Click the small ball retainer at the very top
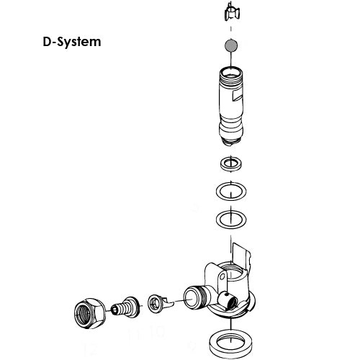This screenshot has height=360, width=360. click(231, 12)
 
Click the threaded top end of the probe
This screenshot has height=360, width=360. click(231, 72)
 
